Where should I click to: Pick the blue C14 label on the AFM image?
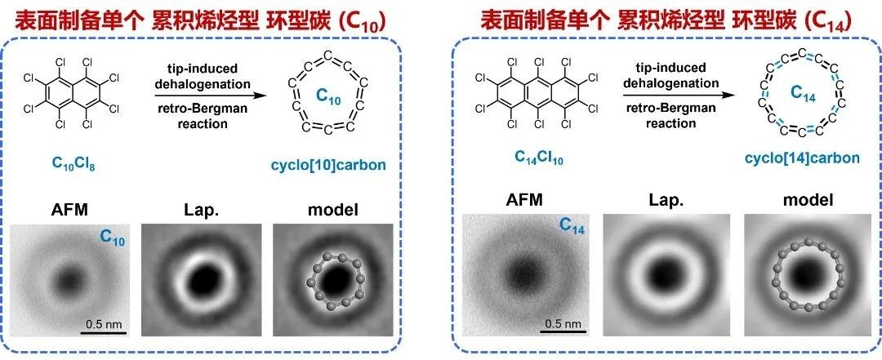(x=573, y=229)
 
